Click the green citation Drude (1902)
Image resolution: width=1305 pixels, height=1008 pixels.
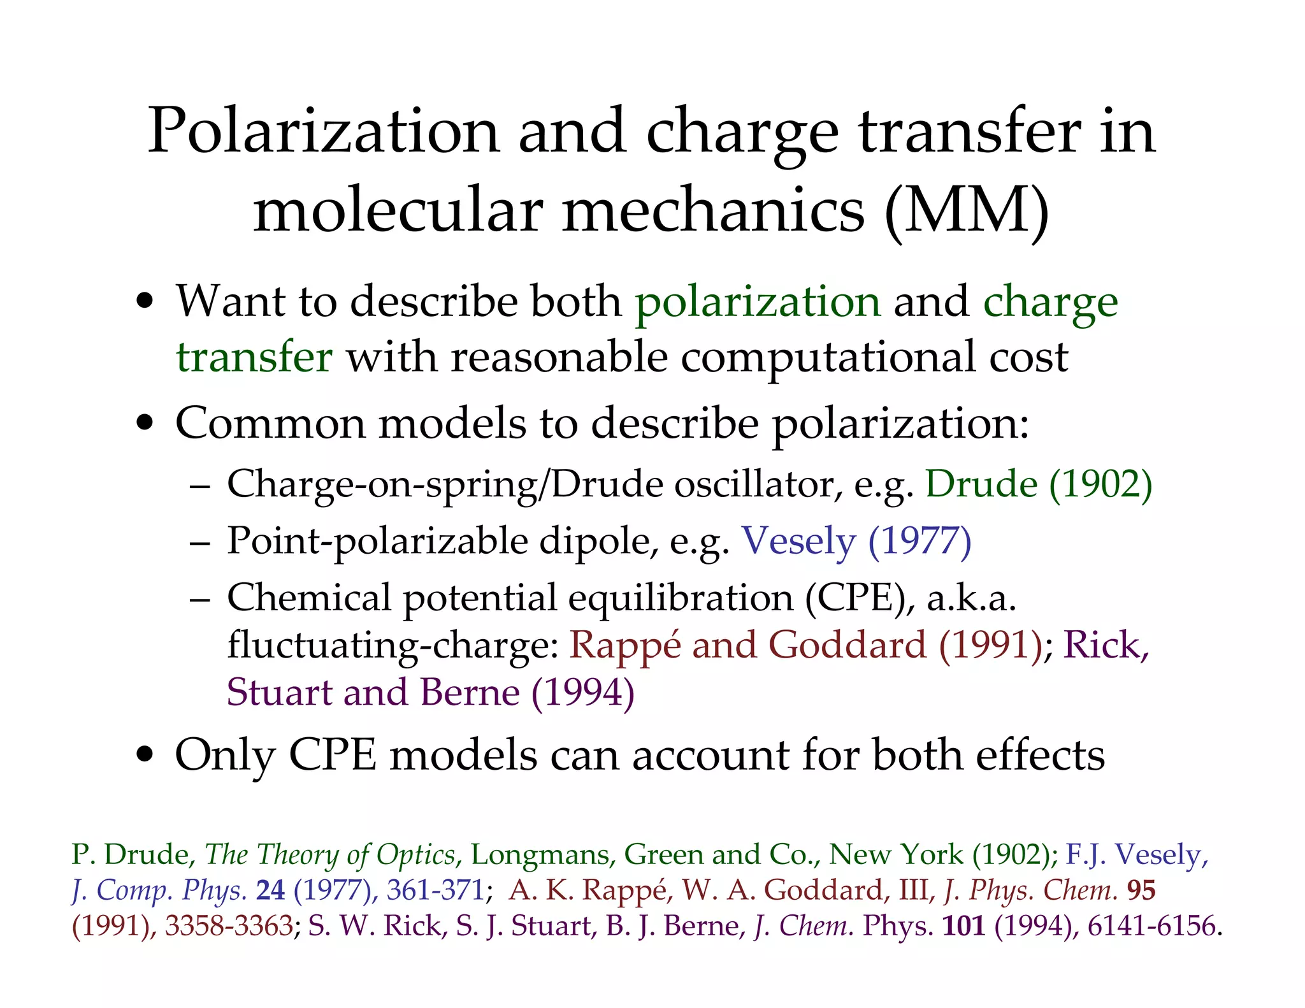(x=1038, y=484)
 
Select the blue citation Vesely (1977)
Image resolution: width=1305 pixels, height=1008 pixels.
(x=856, y=541)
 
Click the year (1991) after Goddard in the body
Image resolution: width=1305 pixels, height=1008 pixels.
(x=990, y=645)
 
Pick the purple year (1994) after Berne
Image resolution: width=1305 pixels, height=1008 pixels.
(x=582, y=693)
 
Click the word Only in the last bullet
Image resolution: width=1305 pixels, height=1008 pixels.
(x=224, y=756)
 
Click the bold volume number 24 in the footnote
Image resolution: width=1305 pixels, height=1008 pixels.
(x=270, y=890)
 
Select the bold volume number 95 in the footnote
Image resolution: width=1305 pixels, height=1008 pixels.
(x=1141, y=890)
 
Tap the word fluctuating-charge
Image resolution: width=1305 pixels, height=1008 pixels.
(x=393, y=645)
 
